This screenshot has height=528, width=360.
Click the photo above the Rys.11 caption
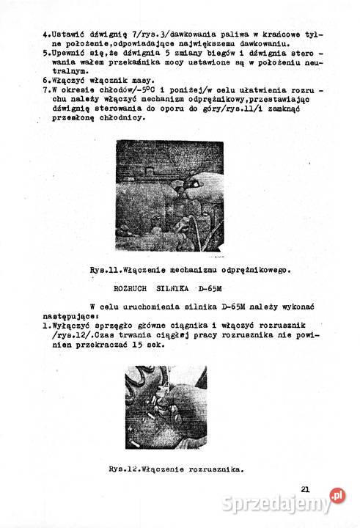click(170, 196)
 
